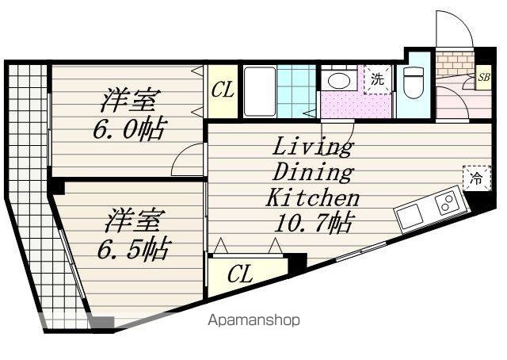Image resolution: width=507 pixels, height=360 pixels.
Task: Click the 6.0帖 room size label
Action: pyautogui.click(x=128, y=129)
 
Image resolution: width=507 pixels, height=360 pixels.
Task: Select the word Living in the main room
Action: pyautogui.click(x=312, y=147)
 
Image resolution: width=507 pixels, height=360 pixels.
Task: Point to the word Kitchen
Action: pyautogui.click(x=312, y=197)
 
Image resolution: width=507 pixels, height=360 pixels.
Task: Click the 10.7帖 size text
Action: pyautogui.click(x=313, y=223)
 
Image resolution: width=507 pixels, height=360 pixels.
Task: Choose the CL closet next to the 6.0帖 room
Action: pyautogui.click(x=223, y=90)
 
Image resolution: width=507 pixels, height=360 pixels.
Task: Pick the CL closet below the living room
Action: pyautogui.click(x=240, y=275)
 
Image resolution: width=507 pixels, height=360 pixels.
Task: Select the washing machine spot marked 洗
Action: pyautogui.click(x=378, y=79)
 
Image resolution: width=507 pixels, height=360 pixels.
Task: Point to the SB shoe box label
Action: pyautogui.click(x=482, y=78)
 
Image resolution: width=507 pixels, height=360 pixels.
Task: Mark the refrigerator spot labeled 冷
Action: pyautogui.click(x=476, y=179)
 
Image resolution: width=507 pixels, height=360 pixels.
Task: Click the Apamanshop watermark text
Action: pyautogui.click(x=253, y=321)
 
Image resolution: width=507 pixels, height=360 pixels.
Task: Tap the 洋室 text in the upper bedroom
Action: pyautogui.click(x=129, y=101)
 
